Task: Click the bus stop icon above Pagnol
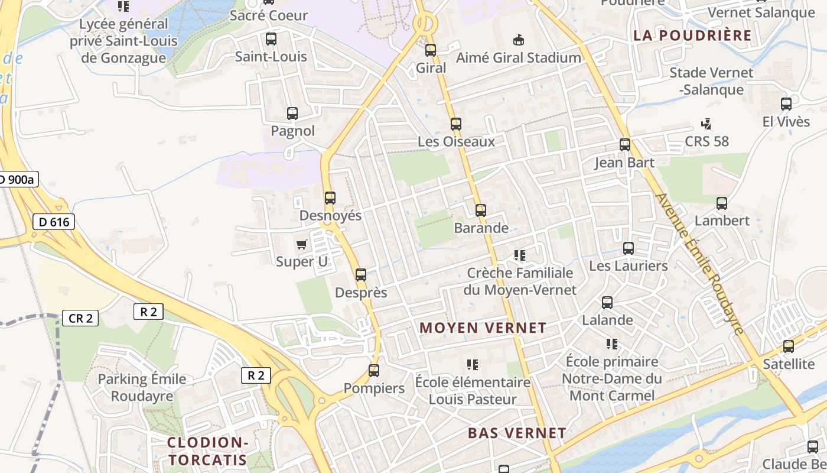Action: (x=292, y=114)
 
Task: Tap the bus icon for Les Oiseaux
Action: (x=456, y=124)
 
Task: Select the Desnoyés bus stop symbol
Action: (x=330, y=198)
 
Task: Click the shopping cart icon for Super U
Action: (x=302, y=244)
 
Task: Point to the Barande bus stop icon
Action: (x=481, y=210)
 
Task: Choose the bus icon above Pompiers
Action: (x=374, y=371)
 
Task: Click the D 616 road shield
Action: (x=54, y=222)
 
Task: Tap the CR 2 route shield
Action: (x=80, y=318)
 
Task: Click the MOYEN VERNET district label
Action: (x=483, y=328)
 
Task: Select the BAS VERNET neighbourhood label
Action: (x=517, y=433)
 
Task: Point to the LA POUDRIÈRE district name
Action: (x=692, y=35)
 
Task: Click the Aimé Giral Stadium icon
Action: (x=519, y=40)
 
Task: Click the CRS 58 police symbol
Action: (x=706, y=124)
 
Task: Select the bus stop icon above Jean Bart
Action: (x=625, y=145)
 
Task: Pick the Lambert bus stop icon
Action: (x=722, y=203)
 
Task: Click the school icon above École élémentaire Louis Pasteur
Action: (x=472, y=365)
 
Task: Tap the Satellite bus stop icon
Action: (x=789, y=346)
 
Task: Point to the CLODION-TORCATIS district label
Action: (x=207, y=451)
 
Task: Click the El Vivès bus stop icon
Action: (x=786, y=104)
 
